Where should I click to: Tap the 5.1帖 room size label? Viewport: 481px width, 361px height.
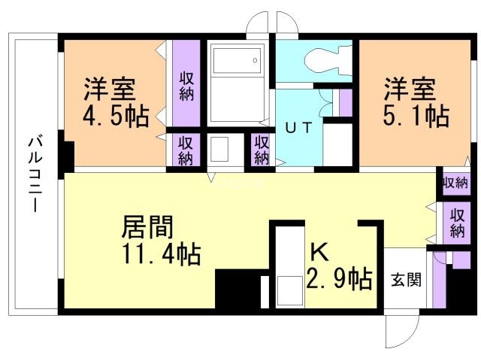click(x=416, y=116)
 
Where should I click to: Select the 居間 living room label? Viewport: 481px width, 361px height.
click(x=147, y=227)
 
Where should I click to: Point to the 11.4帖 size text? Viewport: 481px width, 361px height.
click(x=162, y=254)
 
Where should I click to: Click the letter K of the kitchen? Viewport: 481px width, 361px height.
click(x=319, y=252)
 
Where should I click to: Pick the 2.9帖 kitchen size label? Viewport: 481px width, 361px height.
click(x=339, y=279)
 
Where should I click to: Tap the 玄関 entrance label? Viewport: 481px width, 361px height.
click(x=406, y=280)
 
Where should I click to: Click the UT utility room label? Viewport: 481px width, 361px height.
click(x=299, y=128)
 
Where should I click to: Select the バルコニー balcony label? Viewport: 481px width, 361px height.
click(x=35, y=174)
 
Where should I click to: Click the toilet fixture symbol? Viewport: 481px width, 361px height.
click(x=328, y=60)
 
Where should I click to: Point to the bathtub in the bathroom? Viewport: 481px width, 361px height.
click(x=237, y=60)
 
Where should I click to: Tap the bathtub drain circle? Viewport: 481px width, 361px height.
click(x=255, y=60)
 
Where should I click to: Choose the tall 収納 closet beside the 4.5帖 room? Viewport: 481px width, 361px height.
click(x=186, y=83)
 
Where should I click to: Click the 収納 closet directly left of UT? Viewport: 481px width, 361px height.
click(x=262, y=150)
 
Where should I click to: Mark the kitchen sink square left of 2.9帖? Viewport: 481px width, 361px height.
click(x=289, y=291)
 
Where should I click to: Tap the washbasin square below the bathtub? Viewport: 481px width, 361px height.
click(x=219, y=149)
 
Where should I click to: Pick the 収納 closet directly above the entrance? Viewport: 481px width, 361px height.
click(x=457, y=223)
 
